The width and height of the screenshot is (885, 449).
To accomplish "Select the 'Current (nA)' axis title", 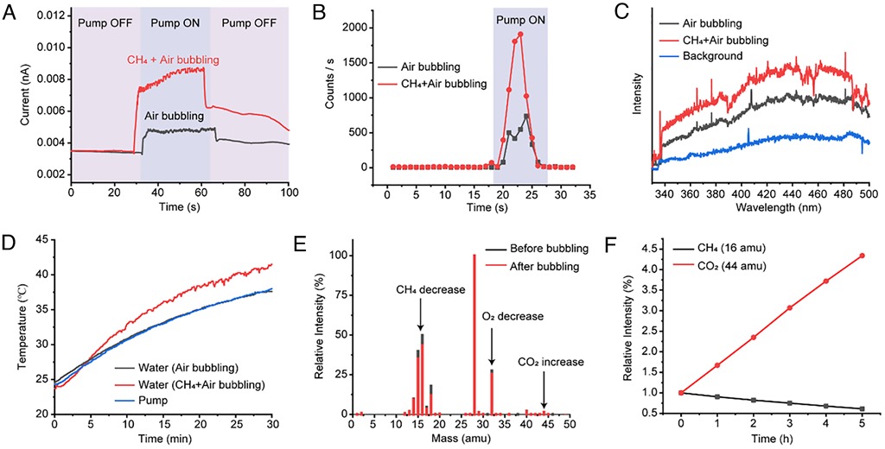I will click(x=11, y=94).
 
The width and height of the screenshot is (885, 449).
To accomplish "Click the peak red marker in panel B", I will click(x=520, y=35).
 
